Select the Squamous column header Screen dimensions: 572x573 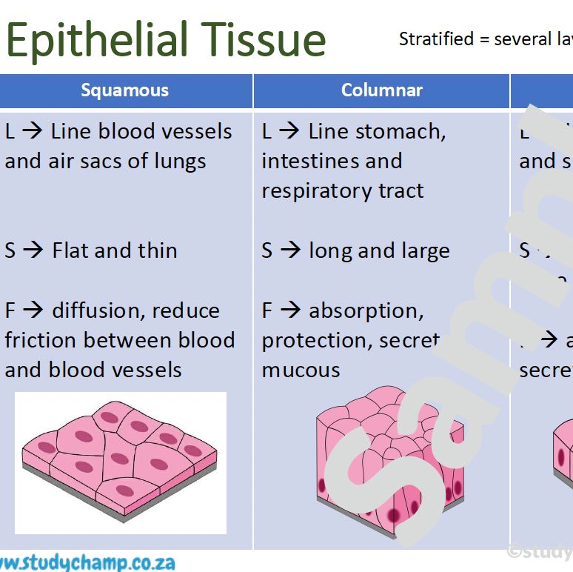coord(125,90)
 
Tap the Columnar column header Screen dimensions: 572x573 coord(381,90)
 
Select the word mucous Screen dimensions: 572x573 coord(301,370)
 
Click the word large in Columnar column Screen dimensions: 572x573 coord(425,251)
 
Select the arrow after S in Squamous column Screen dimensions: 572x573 coord(33,250)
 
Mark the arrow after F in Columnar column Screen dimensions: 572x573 coord(289,310)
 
